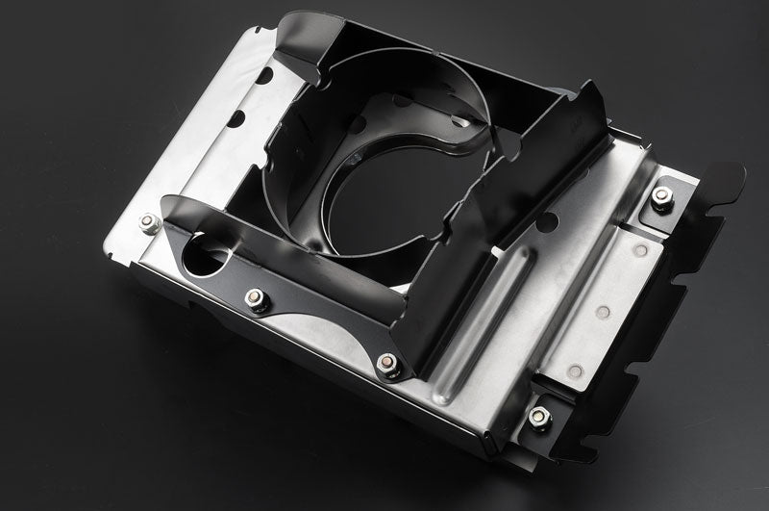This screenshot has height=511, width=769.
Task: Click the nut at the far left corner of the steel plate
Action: pyautogui.click(x=149, y=223)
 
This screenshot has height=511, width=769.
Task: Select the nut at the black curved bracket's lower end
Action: pyautogui.click(x=387, y=364)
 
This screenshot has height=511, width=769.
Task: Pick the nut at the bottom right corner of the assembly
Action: pyautogui.click(x=538, y=416)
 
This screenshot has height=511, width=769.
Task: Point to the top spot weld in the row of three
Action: pyautogui.click(x=639, y=250)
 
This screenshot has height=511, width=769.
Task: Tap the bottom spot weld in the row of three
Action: pyautogui.click(x=574, y=370)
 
